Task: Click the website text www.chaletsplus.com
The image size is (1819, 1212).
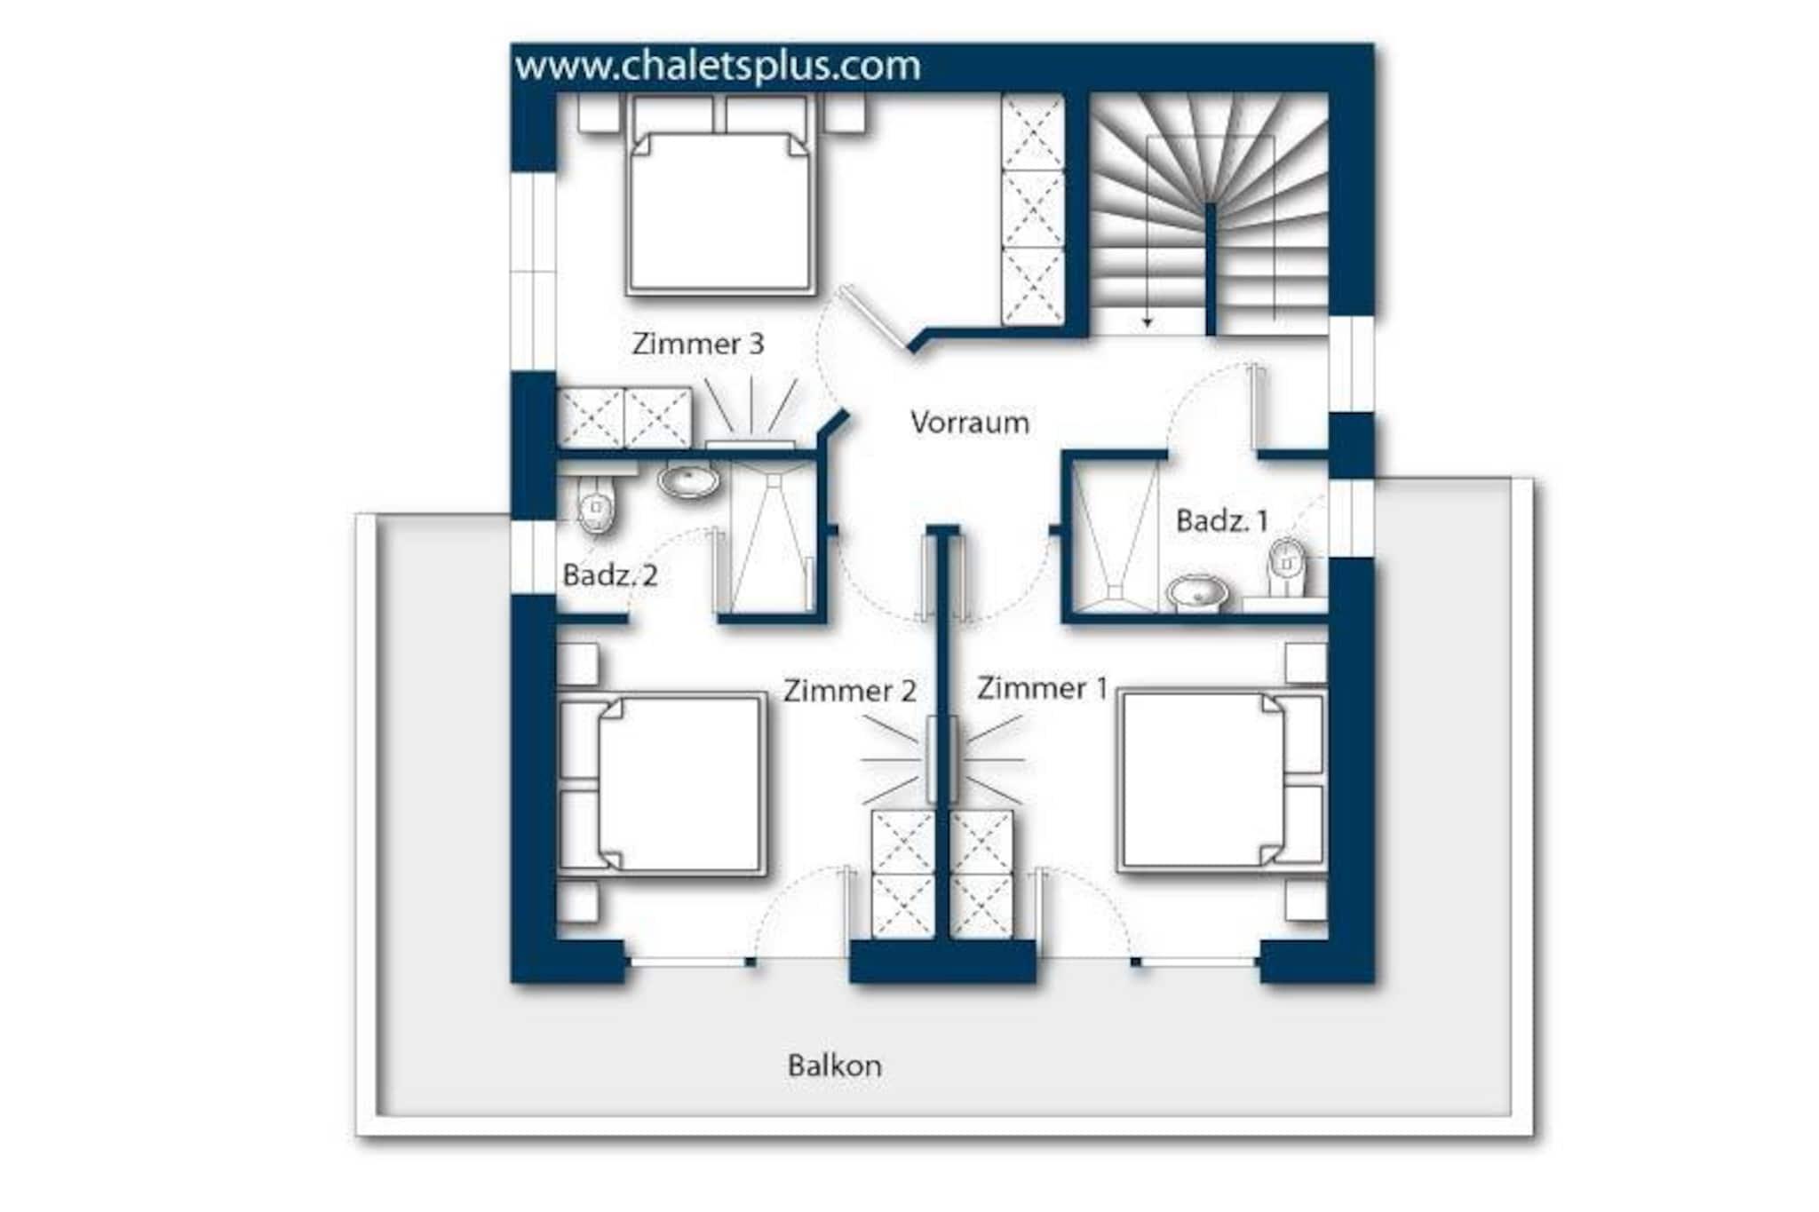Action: [718, 67]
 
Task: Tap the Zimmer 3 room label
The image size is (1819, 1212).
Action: [698, 344]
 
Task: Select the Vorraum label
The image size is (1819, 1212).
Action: [970, 422]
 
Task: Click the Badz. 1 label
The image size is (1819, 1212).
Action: [1222, 520]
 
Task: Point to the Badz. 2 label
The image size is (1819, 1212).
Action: [610, 575]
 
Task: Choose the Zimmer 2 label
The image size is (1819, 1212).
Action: [849, 691]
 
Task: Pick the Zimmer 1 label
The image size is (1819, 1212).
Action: [1043, 688]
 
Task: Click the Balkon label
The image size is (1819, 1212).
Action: [835, 1065]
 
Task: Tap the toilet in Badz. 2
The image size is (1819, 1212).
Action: [596, 504]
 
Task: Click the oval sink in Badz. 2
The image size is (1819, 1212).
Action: [688, 481]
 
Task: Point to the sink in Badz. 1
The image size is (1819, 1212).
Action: [1197, 592]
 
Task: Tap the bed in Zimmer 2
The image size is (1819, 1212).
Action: [663, 783]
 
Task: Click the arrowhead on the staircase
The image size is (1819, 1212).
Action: [1148, 322]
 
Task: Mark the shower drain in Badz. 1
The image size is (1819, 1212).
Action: [1115, 590]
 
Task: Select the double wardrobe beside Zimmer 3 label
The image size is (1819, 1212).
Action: [624, 417]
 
